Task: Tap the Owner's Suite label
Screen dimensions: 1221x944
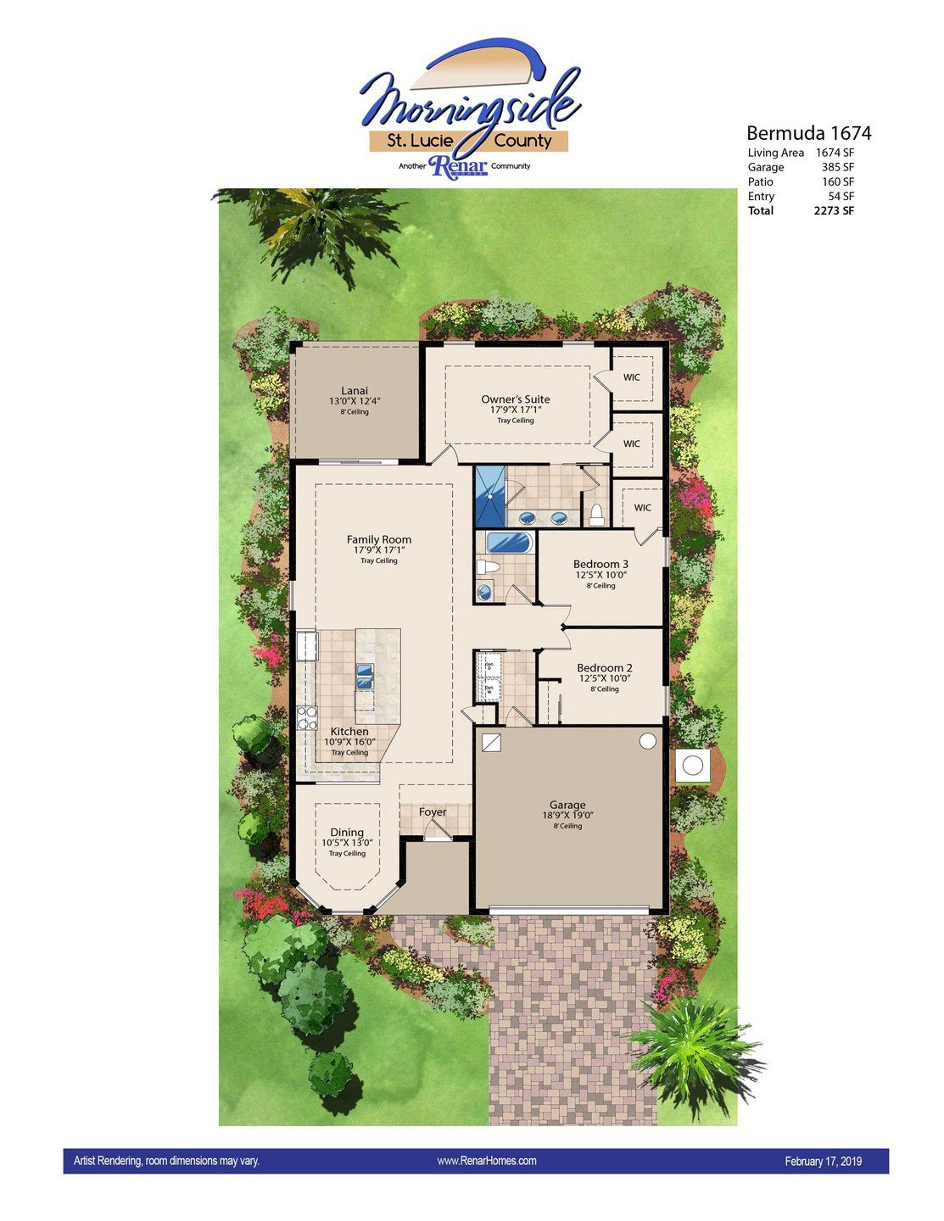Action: click(515, 399)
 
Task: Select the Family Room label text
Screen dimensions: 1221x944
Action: click(378, 539)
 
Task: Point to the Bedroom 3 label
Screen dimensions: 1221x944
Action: click(600, 564)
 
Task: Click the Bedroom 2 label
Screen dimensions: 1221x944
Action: click(604, 667)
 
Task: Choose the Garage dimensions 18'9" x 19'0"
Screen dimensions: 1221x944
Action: click(567, 816)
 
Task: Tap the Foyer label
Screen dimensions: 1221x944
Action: click(433, 811)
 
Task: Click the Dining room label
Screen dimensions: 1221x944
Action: click(347, 832)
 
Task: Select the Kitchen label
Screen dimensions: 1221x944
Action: click(349, 731)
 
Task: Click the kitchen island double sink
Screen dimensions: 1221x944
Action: click(365, 676)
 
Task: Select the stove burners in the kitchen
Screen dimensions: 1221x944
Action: click(306, 718)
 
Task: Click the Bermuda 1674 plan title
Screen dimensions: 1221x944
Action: click(808, 133)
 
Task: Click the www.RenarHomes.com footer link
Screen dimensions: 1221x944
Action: click(486, 1161)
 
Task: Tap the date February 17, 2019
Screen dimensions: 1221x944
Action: click(823, 1162)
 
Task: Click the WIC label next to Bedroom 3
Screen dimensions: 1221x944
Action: click(642, 508)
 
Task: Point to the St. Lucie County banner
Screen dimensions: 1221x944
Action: click(468, 142)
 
